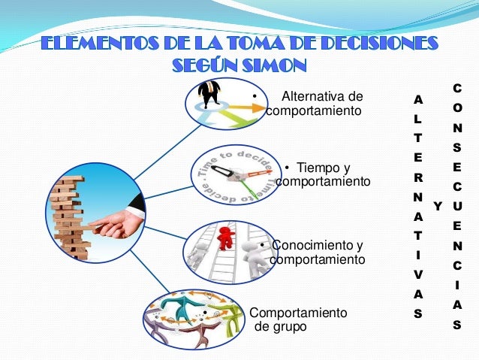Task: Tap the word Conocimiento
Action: click(x=317, y=245)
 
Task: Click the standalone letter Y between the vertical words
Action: click(x=438, y=205)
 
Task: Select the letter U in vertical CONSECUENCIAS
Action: click(x=457, y=205)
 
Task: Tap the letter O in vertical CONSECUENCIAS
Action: click(x=457, y=108)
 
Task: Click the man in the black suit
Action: click(x=209, y=93)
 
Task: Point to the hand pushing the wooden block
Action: click(x=120, y=221)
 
